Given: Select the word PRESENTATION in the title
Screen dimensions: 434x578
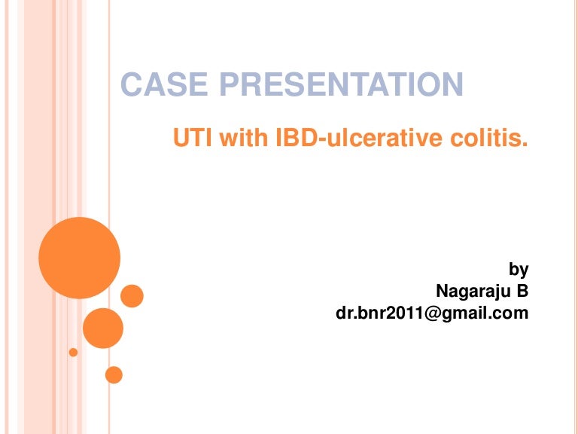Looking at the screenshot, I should pyautogui.click(x=339, y=85).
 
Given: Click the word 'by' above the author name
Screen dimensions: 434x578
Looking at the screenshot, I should pyautogui.click(x=519, y=269).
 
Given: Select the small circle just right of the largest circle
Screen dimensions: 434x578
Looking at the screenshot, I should pyautogui.click(x=132, y=296).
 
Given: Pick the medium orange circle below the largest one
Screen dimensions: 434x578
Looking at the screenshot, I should pyautogui.click(x=102, y=328).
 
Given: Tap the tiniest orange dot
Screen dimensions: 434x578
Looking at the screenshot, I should pyautogui.click(x=73, y=352).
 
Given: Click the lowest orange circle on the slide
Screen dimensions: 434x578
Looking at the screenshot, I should pyautogui.click(x=114, y=374).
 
